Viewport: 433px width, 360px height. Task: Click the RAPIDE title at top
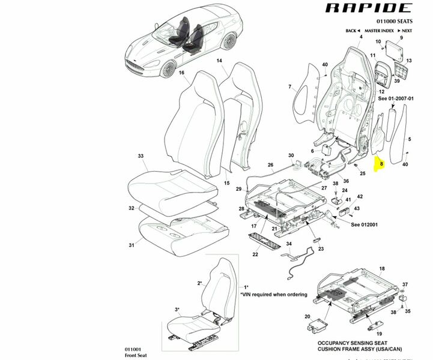click(369, 8)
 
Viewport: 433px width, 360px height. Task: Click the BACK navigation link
click(353, 31)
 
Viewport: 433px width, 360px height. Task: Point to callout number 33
click(141, 156)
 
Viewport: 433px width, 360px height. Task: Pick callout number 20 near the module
click(307, 316)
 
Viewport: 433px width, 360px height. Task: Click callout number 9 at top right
click(401, 38)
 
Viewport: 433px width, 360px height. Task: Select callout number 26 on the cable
click(270, 165)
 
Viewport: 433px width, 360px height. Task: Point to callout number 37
click(405, 284)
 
